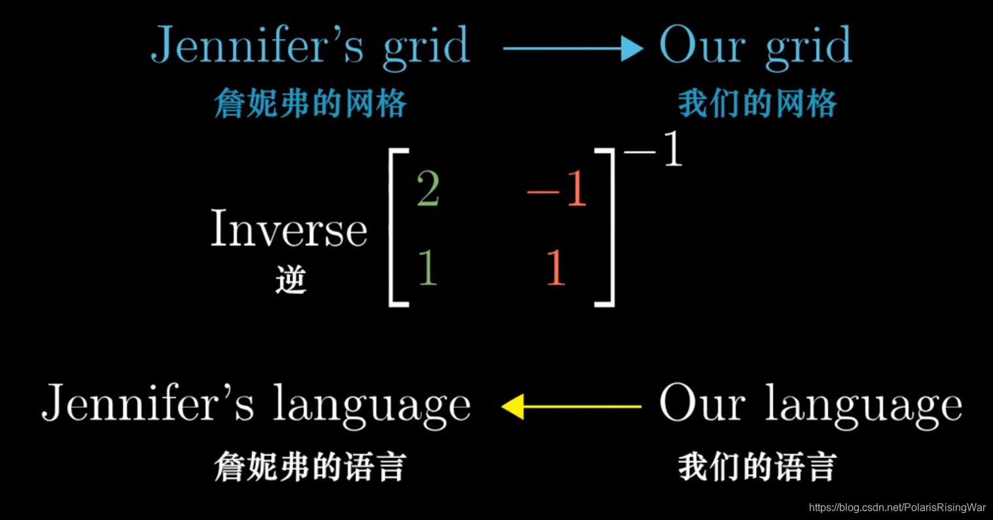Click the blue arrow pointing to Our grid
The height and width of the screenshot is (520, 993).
click(x=573, y=48)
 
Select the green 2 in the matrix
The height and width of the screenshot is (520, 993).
click(x=427, y=191)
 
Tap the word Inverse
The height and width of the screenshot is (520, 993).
click(x=289, y=230)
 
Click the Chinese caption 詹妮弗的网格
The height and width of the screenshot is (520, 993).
click(x=310, y=103)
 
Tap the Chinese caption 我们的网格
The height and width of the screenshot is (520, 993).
click(x=757, y=103)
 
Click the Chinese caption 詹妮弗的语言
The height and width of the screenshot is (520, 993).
click(x=310, y=468)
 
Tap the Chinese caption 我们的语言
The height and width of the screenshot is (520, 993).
click(x=757, y=468)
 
